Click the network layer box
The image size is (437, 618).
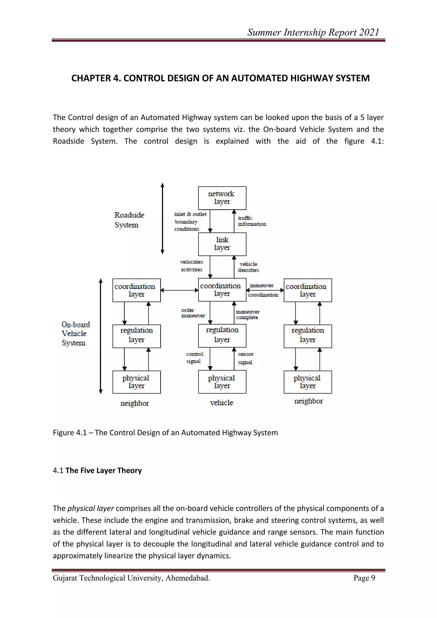[222, 198]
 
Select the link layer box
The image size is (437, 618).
[222, 244]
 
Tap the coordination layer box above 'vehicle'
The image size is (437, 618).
[222, 290]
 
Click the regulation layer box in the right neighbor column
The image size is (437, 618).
[307, 336]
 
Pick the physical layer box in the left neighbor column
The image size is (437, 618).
[136, 382]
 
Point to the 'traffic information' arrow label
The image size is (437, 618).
[252, 221]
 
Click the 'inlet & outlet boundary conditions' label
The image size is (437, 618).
[190, 222]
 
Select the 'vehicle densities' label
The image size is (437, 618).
[248, 267]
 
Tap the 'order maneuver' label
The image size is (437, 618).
[193, 313]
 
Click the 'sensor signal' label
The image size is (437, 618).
[245, 358]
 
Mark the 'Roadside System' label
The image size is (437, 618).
[129, 220]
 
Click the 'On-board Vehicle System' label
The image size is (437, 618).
[75, 334]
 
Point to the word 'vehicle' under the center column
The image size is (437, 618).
[221, 403]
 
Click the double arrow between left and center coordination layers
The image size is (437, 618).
[179, 290]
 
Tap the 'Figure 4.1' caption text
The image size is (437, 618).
[165, 433]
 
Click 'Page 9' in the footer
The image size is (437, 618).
[364, 578]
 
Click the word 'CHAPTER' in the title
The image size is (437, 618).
[91, 78]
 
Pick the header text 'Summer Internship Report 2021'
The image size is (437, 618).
[313, 32]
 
